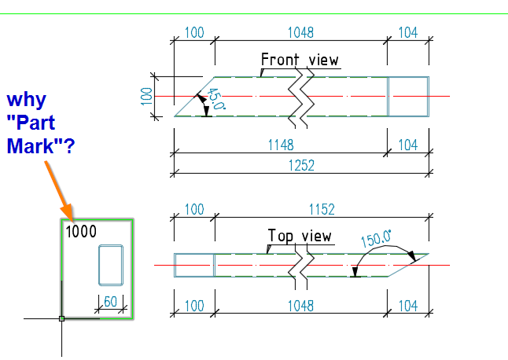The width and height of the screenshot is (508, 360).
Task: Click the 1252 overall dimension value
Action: coord(301,165)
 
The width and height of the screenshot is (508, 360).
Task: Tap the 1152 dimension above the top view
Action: coord(322,210)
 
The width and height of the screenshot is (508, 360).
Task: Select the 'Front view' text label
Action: coord(300,60)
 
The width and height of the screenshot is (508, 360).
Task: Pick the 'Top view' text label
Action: coord(300,236)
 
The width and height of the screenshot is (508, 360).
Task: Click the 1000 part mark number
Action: coord(81,231)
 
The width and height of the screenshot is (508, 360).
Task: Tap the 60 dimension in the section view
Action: coord(110,301)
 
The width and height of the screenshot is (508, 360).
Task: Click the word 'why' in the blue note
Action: coord(27,101)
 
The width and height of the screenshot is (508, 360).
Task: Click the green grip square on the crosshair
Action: coord(61,318)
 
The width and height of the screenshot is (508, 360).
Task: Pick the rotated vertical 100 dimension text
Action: coord(145,96)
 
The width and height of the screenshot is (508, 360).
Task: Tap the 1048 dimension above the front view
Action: coord(300,33)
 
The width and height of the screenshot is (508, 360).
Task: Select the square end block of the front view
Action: coord(408,96)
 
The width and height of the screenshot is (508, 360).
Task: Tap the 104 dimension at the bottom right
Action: coord(409,304)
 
